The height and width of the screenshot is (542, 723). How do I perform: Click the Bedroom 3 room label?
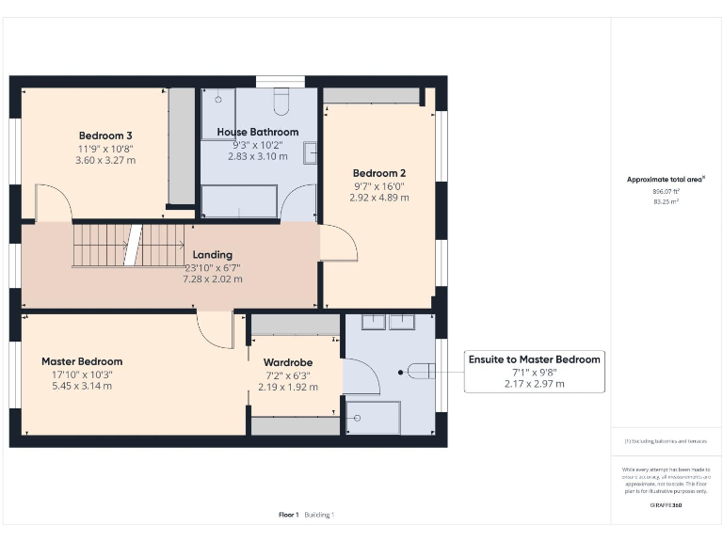(104, 135)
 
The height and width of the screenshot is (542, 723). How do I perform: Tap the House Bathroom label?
(257, 132)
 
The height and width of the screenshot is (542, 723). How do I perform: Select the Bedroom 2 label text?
(378, 173)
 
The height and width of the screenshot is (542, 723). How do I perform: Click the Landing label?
(212, 255)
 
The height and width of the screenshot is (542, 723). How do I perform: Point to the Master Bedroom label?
(82, 361)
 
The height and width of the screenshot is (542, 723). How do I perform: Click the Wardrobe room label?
(287, 362)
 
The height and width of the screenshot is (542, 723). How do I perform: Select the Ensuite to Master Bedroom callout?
(534, 359)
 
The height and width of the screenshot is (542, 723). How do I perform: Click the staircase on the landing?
(129, 245)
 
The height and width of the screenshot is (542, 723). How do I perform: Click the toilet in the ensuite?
(421, 372)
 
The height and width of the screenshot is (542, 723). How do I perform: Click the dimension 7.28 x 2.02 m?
(212, 279)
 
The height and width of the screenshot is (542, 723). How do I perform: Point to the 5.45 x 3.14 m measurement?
(82, 386)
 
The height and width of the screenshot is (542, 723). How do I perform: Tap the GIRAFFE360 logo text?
(666, 505)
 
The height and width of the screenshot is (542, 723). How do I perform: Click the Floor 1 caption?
(289, 515)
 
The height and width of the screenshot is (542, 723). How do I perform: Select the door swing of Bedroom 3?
(53, 202)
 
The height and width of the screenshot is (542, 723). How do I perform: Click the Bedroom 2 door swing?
(339, 244)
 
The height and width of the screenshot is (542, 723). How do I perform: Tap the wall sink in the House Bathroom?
(310, 149)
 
